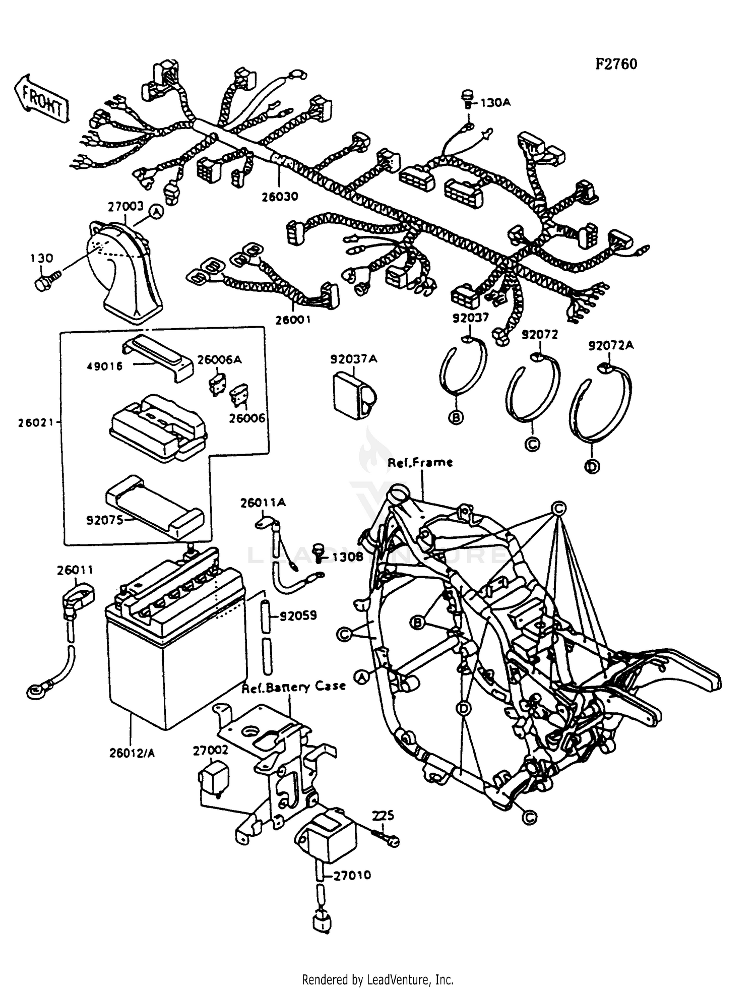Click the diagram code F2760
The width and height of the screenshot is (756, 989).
pyautogui.click(x=616, y=64)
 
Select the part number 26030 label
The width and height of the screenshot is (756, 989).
pyautogui.click(x=280, y=197)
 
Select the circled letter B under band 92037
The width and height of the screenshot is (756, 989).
pyautogui.click(x=456, y=418)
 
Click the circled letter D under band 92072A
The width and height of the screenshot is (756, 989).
pyautogui.click(x=592, y=467)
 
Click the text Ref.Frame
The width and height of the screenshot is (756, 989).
pyautogui.click(x=420, y=462)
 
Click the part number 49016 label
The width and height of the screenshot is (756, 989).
pyautogui.click(x=104, y=366)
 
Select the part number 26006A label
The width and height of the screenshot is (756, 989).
pyautogui.click(x=219, y=359)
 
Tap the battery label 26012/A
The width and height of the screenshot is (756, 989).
pyautogui.click(x=132, y=753)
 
